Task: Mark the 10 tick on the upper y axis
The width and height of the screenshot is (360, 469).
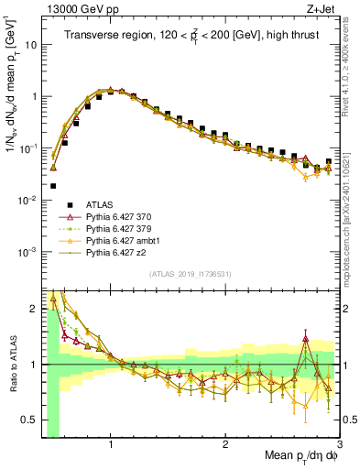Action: (x=28, y=44)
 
